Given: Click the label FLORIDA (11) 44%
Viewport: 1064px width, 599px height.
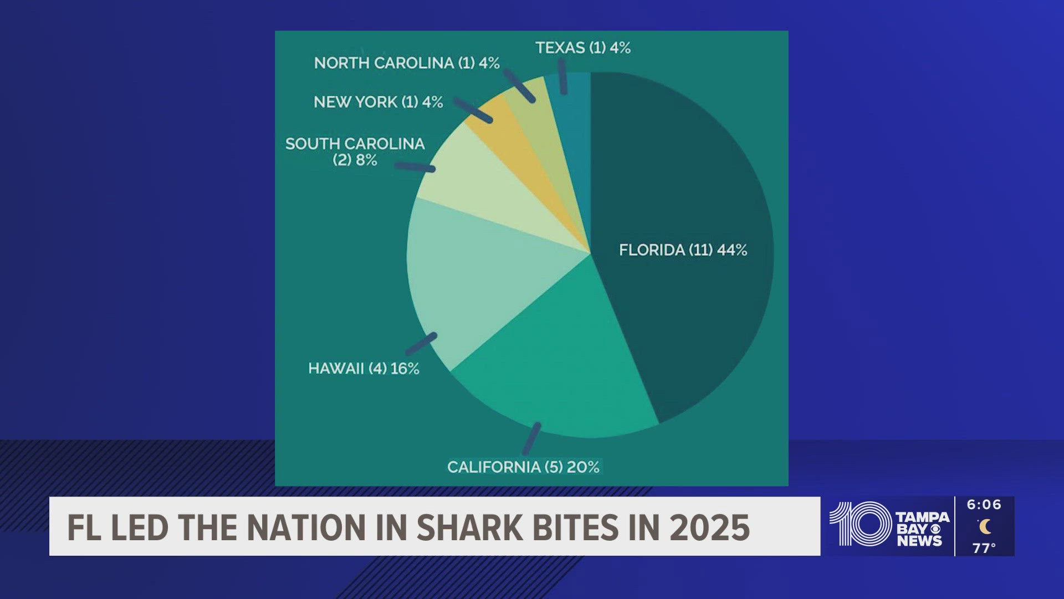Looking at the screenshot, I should pyautogui.click(x=683, y=250).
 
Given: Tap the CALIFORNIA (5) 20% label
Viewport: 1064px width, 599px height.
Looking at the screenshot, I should pyautogui.click(x=523, y=467).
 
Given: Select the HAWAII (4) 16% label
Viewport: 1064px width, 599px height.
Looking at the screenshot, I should pyautogui.click(x=364, y=368).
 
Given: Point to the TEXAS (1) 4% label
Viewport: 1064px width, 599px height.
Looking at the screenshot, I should pyautogui.click(x=583, y=48).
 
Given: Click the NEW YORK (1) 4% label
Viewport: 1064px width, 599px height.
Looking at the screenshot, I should pyautogui.click(x=378, y=102).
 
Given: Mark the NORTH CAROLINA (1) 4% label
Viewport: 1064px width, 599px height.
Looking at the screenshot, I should pyautogui.click(x=407, y=63).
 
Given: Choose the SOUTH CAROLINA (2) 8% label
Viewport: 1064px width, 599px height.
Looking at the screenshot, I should pyautogui.click(x=355, y=151).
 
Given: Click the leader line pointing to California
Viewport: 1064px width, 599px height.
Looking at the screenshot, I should pyautogui.click(x=531, y=439).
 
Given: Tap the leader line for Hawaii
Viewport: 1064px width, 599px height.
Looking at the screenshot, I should pyautogui.click(x=421, y=344).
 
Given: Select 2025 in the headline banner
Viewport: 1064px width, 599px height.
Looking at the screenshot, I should pyautogui.click(x=709, y=527).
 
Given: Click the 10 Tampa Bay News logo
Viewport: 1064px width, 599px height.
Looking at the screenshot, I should pyautogui.click(x=889, y=525).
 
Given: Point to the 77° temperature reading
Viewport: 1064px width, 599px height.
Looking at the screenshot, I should pyautogui.click(x=984, y=548).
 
